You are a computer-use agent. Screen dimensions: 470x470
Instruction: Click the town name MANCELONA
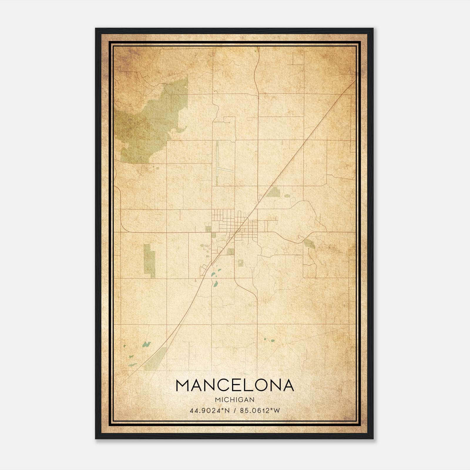(x=235, y=385)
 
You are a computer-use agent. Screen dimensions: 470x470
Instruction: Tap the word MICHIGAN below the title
(x=235, y=399)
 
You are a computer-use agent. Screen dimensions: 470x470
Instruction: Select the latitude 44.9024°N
(x=209, y=410)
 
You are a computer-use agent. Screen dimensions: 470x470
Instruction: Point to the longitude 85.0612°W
(x=260, y=410)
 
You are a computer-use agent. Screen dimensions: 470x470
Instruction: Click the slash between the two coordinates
(x=234, y=410)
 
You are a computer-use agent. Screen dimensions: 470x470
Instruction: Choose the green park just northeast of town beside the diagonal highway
(x=273, y=192)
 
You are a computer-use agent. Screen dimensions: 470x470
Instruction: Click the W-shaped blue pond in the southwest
(x=146, y=344)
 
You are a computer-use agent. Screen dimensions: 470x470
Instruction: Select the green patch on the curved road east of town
(x=309, y=244)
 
